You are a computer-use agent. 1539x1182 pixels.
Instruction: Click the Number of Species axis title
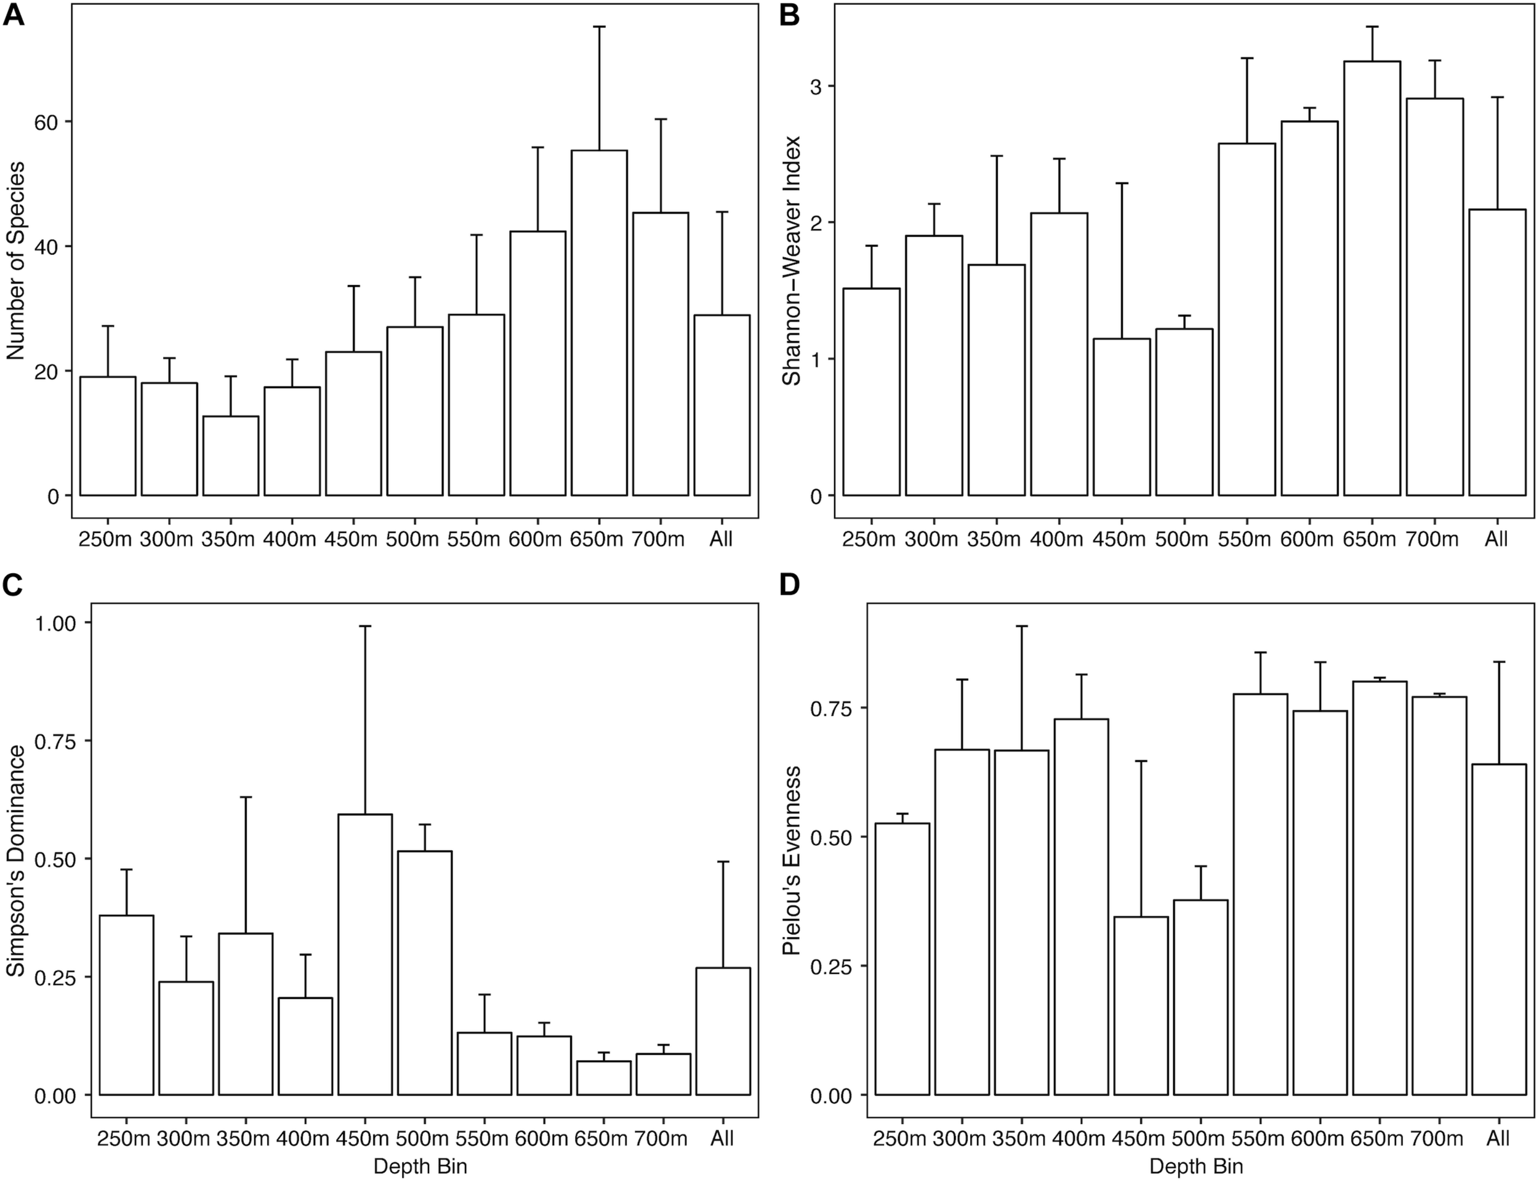point(15,260)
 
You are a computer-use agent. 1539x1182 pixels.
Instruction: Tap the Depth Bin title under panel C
point(420,1167)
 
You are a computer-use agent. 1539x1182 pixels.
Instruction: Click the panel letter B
point(789,15)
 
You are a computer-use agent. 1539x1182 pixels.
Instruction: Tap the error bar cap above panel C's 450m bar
point(365,625)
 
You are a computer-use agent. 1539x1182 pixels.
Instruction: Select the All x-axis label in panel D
point(1498,1138)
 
